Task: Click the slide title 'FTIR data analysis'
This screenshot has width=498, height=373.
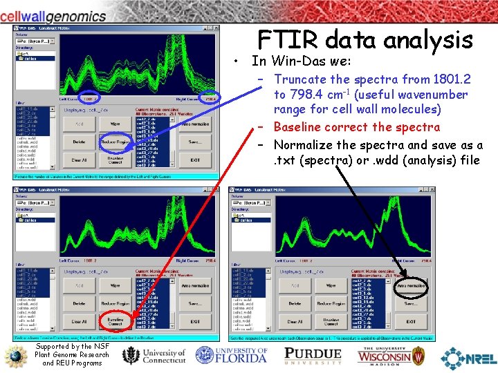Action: tap(365, 39)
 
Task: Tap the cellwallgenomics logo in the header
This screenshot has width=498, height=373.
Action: tap(53, 15)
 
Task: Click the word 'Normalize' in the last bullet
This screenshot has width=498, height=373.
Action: tap(304, 145)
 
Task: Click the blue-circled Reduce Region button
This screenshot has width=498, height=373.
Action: tap(116, 142)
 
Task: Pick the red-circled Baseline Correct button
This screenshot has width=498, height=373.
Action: tap(116, 321)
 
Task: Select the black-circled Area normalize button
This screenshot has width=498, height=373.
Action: tap(411, 285)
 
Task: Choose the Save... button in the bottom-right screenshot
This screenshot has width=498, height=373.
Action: tap(411, 303)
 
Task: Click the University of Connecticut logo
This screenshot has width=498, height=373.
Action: tap(154, 356)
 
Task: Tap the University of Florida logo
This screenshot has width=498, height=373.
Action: tap(231, 355)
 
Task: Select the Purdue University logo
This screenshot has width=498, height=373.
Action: tap(313, 355)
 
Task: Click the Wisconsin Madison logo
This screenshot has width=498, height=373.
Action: tap(392, 355)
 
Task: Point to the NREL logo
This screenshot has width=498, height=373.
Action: tap(468, 357)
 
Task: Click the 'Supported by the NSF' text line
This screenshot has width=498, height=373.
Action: tap(73, 346)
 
